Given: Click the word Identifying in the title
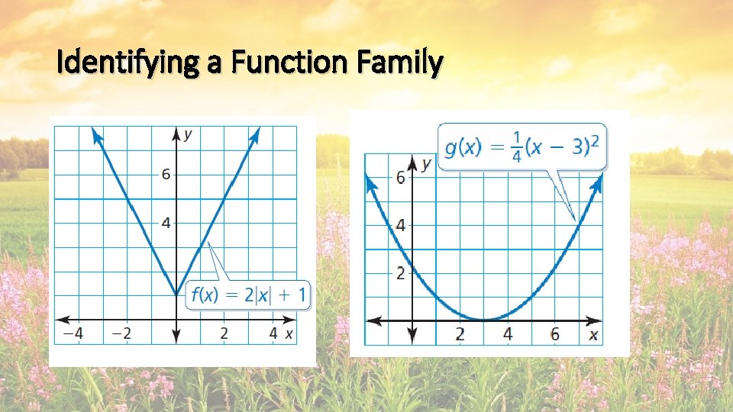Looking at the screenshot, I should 125,63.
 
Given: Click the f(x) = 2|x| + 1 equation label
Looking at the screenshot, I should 250,294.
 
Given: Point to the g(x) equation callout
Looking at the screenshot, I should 522,146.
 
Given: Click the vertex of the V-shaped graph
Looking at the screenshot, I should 176,295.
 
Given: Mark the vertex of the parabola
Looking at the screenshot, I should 484,320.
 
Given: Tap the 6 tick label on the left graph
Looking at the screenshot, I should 165,175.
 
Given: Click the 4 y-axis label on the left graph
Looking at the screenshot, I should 165,223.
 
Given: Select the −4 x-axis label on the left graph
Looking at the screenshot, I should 73,334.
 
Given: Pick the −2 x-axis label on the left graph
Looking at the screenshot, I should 121,334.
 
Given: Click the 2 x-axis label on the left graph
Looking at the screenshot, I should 224,334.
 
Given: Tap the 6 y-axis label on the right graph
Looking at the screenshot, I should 400,177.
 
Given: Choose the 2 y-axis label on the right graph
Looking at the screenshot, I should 400,273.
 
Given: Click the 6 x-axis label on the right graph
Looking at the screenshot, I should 555,335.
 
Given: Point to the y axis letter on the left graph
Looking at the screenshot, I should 188,135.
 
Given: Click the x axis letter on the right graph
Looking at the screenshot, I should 593,336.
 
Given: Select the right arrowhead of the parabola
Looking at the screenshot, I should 597,182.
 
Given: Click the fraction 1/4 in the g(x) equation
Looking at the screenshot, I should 517,146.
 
